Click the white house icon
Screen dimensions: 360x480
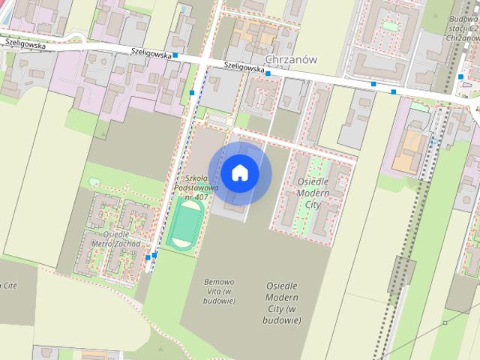point(239,172)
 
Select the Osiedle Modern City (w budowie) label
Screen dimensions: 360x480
point(282,303)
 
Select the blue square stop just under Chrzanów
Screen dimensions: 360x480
point(267,73)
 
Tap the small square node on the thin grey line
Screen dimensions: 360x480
point(445,322)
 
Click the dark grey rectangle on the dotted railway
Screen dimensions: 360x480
point(402,274)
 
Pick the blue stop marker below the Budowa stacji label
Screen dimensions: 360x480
point(460,76)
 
